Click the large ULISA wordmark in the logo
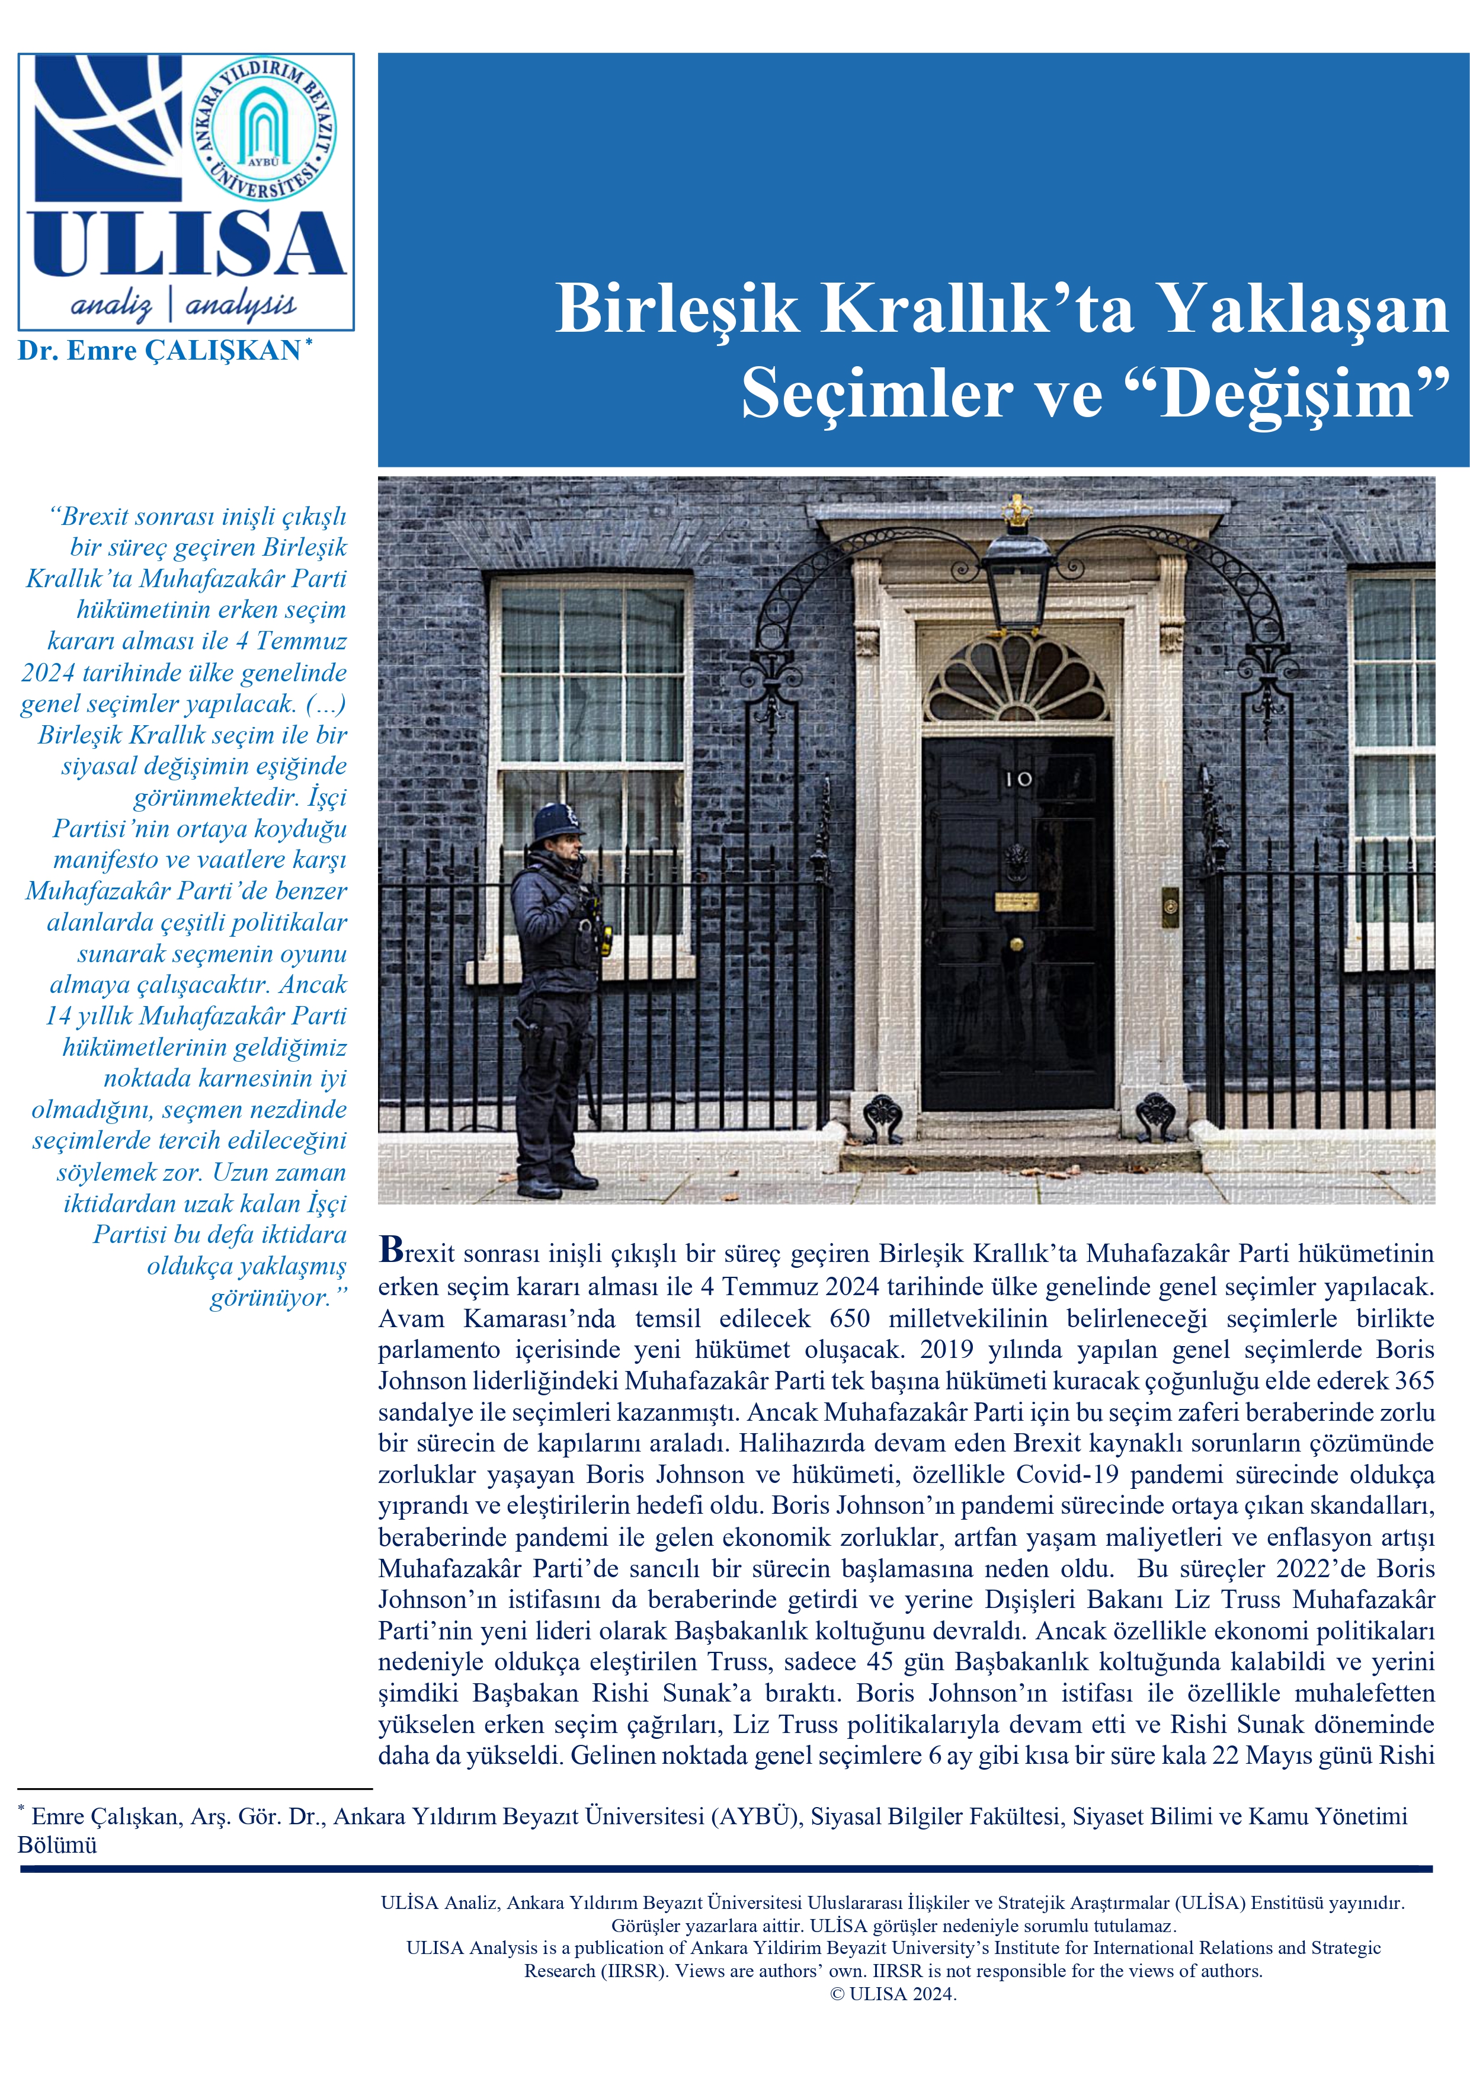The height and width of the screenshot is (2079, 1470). pyautogui.click(x=185, y=245)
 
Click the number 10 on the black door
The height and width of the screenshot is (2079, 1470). pyautogui.click(x=1018, y=778)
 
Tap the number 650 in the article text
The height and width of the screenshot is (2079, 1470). pyautogui.click(x=850, y=1318)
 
